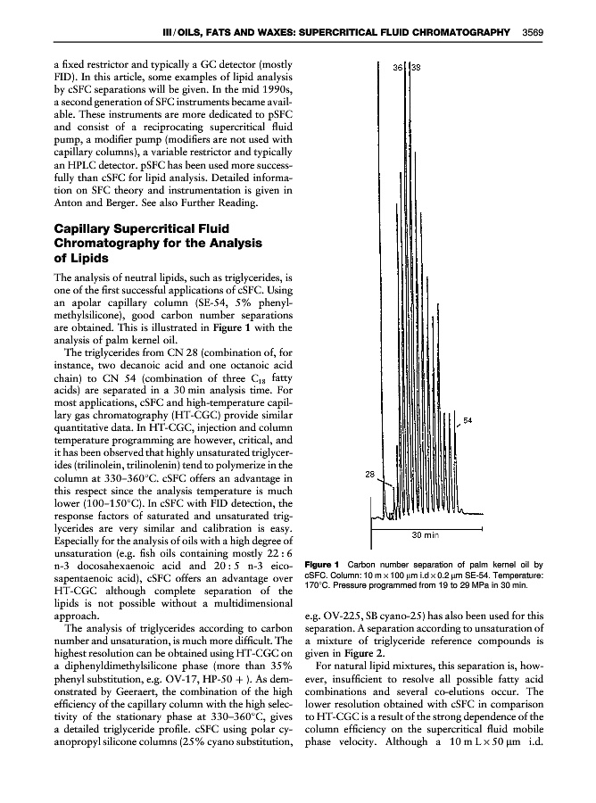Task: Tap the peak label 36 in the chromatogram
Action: [x=400, y=67]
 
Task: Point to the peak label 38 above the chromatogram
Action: [x=416, y=67]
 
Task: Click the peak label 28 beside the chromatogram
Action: [x=373, y=475]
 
